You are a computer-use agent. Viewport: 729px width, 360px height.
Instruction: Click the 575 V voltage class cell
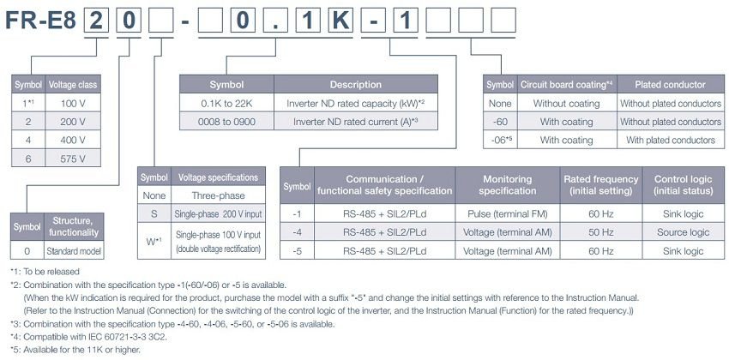[73, 158]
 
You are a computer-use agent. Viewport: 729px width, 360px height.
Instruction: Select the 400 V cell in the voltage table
[73, 140]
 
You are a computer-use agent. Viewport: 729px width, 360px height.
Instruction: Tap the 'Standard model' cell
[74, 251]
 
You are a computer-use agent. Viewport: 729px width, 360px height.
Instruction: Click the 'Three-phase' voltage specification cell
[219, 195]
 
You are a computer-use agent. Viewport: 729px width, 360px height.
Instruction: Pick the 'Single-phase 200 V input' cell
[219, 214]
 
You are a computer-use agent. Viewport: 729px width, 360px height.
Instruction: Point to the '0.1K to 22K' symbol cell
[227, 103]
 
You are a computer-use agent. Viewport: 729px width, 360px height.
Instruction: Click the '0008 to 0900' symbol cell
[227, 122]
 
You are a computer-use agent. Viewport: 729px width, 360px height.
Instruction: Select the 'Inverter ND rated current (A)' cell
[356, 122]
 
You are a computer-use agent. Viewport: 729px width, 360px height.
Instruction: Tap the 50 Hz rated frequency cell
[601, 232]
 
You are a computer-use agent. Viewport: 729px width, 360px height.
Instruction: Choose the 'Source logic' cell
[683, 232]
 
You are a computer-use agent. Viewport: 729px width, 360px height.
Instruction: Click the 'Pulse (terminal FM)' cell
[508, 214]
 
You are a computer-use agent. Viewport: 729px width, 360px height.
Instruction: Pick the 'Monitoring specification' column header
[508, 185]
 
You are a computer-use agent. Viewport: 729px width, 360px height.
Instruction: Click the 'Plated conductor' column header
[671, 85]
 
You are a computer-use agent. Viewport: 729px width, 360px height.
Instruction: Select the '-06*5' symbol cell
[500, 140]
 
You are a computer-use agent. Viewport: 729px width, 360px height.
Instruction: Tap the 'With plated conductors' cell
[671, 140]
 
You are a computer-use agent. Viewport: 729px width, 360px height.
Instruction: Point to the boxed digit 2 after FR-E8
[96, 21]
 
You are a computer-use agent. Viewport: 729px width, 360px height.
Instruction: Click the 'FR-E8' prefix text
[41, 21]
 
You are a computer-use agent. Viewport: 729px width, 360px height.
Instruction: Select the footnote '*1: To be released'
[45, 271]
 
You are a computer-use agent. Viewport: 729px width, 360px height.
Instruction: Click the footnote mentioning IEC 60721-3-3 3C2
[88, 337]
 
